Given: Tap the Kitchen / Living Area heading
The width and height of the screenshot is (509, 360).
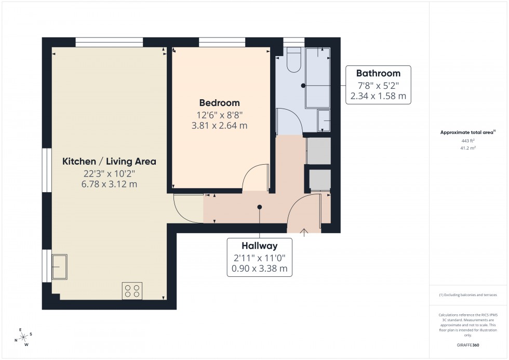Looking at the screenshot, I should pos(109,162).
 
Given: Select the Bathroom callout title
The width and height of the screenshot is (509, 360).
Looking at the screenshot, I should pos(378,73).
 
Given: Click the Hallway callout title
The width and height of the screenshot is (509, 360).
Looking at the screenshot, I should pos(259,246).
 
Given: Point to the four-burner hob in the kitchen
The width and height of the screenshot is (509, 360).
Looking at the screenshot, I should pos(132,290).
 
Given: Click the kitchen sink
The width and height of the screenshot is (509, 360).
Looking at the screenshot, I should pos(59,266).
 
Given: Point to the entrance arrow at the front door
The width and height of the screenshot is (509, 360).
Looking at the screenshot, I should pos(304,231).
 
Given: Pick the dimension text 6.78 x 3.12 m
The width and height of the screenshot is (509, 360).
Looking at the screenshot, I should pos(109,184).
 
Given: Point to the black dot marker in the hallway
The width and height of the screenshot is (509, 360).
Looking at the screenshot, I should pos(260,207).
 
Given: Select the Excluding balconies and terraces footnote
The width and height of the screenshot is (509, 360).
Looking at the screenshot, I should pos(468,295).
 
